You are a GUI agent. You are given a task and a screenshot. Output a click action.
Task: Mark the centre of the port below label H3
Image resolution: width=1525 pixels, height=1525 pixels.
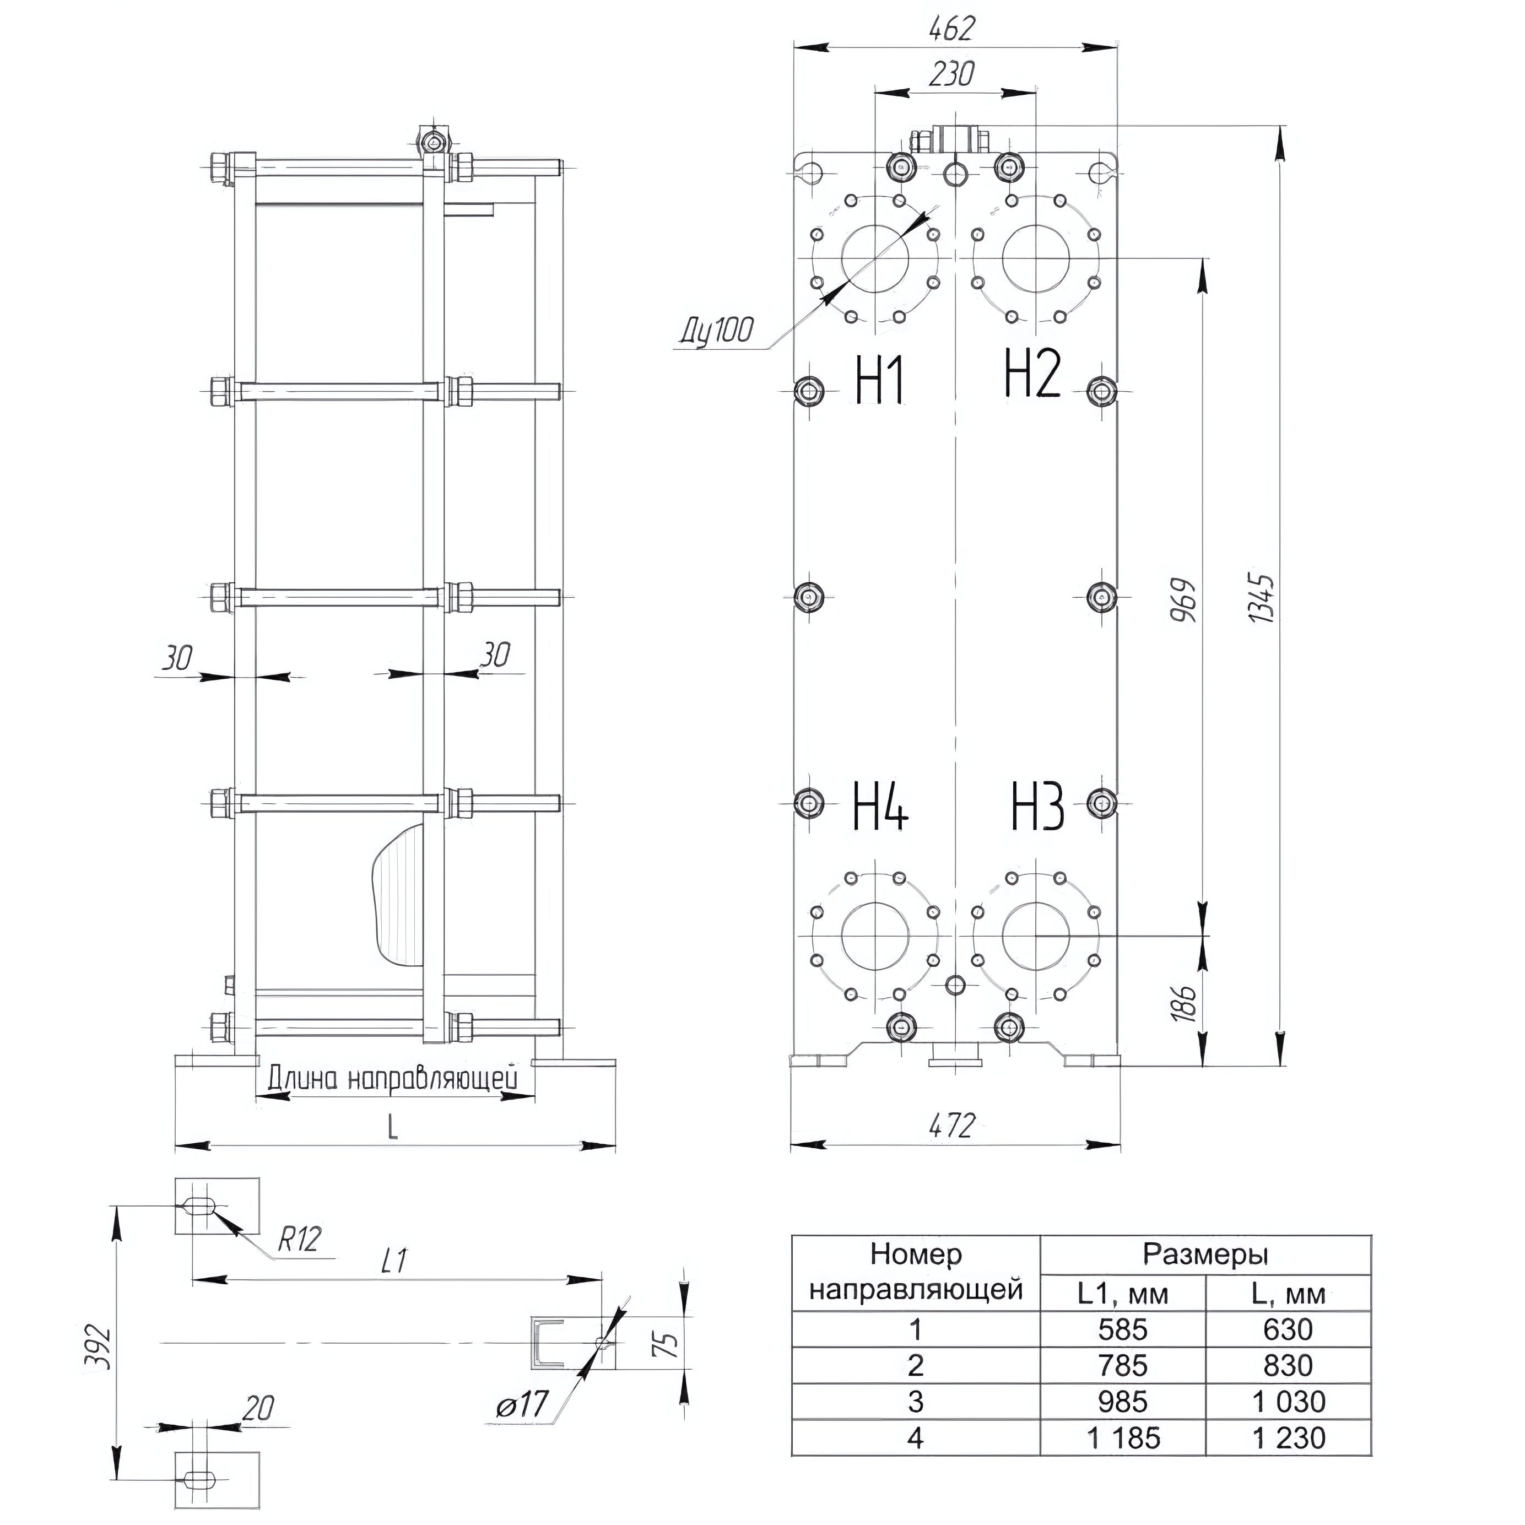[1036, 936]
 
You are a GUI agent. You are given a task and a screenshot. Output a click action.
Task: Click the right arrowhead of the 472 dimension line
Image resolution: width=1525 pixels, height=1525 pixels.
[1101, 1144]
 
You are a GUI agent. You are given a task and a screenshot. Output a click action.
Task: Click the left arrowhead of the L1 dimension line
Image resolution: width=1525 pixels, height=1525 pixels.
[212, 1277]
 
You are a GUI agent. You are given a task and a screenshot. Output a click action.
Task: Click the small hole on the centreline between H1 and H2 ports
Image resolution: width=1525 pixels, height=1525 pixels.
[955, 174]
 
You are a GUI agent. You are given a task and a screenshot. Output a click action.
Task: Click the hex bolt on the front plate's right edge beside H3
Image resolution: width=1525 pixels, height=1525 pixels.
[1102, 803]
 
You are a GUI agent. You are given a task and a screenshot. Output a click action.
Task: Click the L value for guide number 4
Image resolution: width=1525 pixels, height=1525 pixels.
[1288, 1437]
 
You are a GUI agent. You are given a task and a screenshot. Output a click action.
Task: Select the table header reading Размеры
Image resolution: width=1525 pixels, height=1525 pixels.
[1205, 1254]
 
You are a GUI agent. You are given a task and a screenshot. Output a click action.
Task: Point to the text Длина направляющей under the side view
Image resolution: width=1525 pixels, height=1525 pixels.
[393, 1078]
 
